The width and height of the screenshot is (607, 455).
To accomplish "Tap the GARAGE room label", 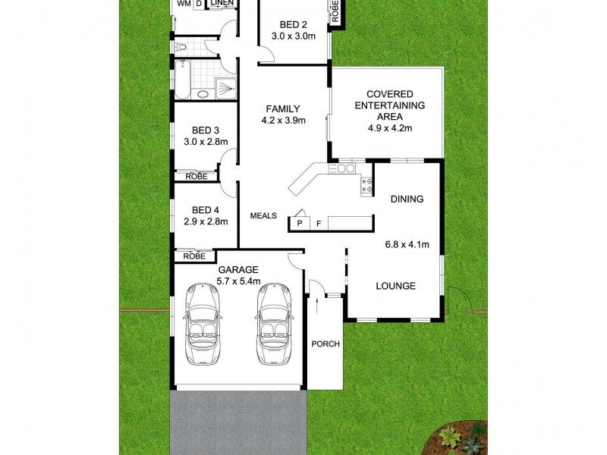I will pos(238,269).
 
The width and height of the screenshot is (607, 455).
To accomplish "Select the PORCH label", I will pos(326,344).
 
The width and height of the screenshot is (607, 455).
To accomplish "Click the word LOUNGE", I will pos(396,286).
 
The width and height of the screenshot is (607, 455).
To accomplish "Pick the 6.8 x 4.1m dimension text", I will pos(407,244).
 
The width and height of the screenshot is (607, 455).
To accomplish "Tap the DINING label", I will pos(407,199).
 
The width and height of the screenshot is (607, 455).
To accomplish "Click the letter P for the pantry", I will pos(300,224).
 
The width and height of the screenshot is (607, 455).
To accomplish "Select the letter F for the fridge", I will pos(319,224).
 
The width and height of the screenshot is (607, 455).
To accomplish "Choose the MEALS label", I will pos(263,215).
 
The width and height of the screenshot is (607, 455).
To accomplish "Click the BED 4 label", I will pos(205,210).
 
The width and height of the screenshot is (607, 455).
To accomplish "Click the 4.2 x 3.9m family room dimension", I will pos(282,120).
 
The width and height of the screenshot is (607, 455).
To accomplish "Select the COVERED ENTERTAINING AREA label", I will pos(390,105).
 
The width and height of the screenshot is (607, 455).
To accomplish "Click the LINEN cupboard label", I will pos(222,4).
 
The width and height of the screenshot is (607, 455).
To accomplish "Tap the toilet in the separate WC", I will pos(180,49).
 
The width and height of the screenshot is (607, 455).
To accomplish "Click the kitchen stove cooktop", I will pos(364,185).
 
